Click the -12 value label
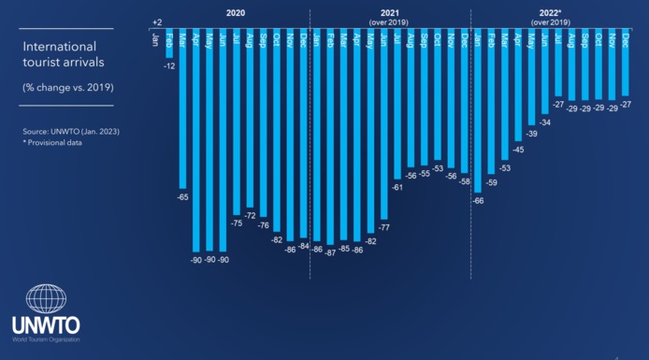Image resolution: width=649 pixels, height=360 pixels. click(169, 66)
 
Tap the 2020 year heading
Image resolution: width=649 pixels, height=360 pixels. click(236, 12)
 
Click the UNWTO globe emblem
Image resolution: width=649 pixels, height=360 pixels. click(46, 298)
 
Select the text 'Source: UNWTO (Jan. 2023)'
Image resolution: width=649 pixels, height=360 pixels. click(71, 131)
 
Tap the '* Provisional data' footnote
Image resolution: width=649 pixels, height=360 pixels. click(52, 143)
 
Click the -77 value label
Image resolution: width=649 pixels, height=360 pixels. click(384, 226)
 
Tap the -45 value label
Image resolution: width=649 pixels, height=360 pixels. click(518, 149)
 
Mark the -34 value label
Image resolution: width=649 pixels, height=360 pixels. click(545, 122)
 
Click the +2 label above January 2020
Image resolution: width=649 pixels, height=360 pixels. click(156, 21)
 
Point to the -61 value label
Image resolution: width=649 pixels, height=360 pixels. click(397, 187)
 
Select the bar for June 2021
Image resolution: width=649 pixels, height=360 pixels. click(383, 125)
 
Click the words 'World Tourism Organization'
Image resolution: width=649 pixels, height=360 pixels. click(46, 338)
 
